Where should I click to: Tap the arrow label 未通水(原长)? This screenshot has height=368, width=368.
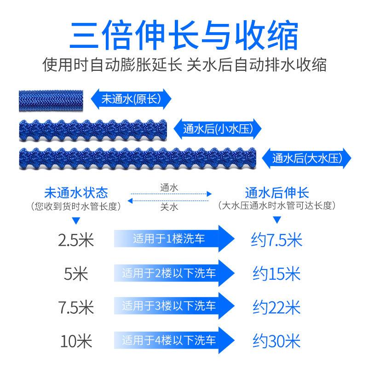click(131, 98)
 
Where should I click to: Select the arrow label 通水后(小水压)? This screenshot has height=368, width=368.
click(218, 128)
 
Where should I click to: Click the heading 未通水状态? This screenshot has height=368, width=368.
click(76, 193)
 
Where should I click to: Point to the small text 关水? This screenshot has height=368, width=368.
click(169, 207)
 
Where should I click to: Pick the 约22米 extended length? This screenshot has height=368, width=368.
click(277, 307)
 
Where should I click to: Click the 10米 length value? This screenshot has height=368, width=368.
click(76, 341)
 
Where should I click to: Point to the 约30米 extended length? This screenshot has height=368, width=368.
click(277, 341)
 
